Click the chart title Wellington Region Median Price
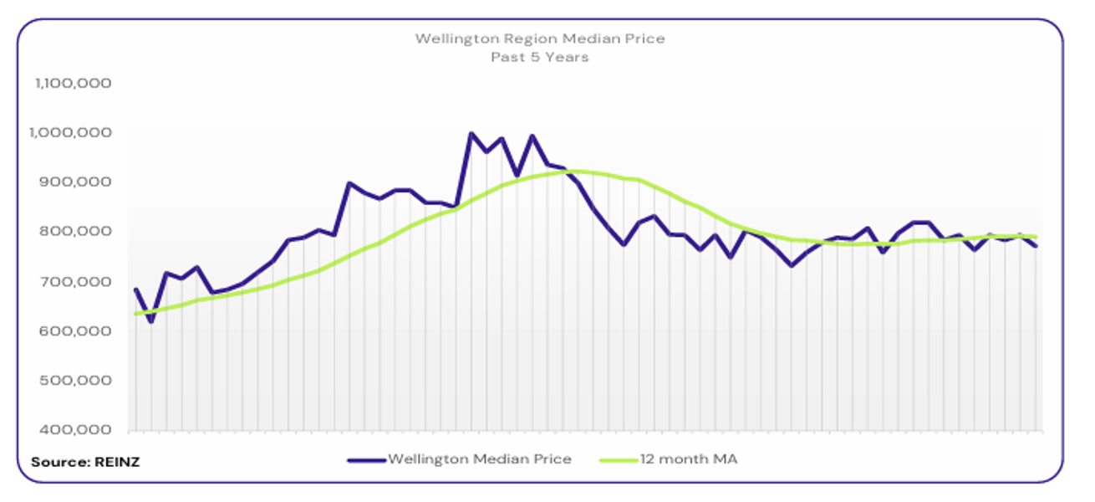tap(540, 39)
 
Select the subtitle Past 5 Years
tap(540, 58)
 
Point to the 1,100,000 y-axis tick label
tap(74, 84)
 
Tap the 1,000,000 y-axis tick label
tap(74, 133)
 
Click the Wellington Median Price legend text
tap(480, 458)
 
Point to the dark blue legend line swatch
tap(364, 459)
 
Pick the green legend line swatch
tap(619, 459)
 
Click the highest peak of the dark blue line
tap(471, 134)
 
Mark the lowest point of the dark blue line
tap(151, 321)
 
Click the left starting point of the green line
tap(135, 314)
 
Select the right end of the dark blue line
tap(1036, 245)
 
